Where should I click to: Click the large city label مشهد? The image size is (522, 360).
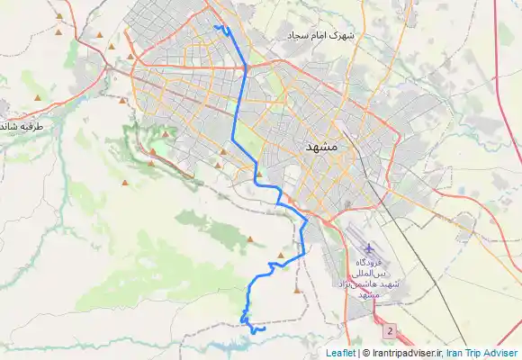tap(320, 146)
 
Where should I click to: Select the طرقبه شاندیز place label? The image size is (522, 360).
tap(22, 127)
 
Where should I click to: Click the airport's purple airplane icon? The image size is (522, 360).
tap(368, 248)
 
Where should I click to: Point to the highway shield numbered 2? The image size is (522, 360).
tap(389, 331)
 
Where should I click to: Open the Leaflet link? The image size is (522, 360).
tap(340, 353)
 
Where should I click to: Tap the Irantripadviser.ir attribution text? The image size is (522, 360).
tap(405, 353)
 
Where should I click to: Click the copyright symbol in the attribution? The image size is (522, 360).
tap(365, 353)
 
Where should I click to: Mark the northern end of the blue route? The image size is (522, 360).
tap(216, 27)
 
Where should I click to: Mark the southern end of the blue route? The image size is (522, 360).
tap(264, 329)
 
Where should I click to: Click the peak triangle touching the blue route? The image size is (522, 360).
tap(282, 256)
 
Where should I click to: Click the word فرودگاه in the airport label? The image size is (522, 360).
tap(369, 262)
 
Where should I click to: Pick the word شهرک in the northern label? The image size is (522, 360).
tap(344, 35)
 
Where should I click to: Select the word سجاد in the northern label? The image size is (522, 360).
tap(299, 35)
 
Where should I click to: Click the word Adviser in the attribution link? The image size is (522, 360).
tap(502, 353)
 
